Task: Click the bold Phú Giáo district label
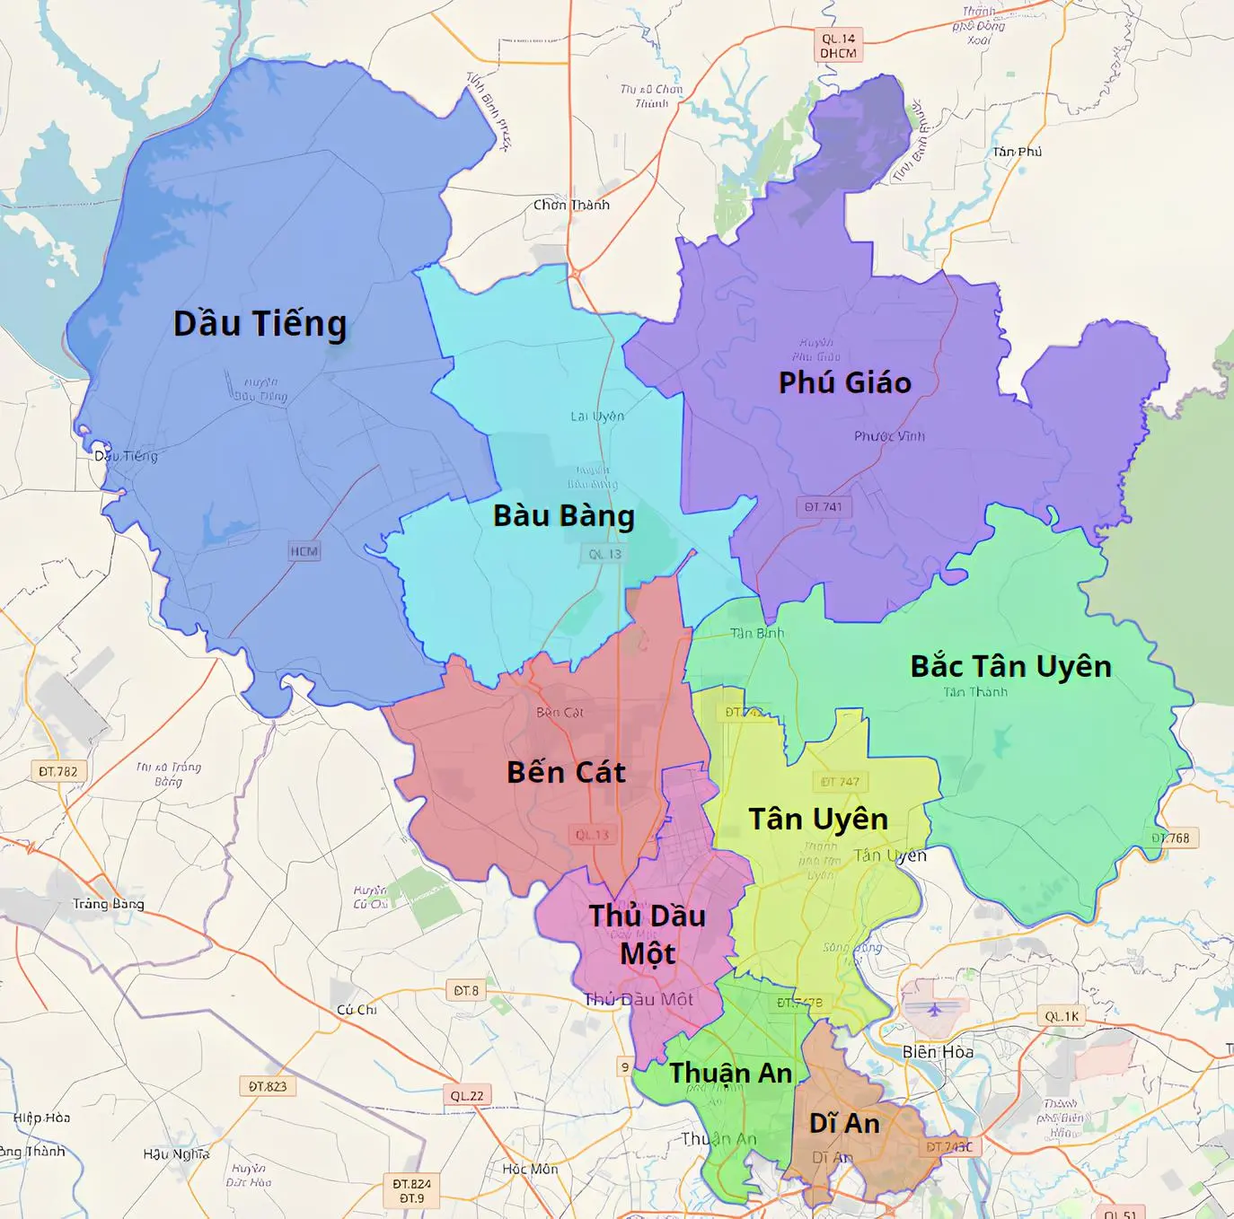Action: [x=844, y=383]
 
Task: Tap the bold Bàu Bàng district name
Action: [x=564, y=516]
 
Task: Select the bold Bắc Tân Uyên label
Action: [x=1010, y=667]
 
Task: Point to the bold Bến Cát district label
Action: [x=566, y=772]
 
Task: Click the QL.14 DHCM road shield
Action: [x=839, y=45]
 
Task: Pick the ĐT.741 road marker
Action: [x=824, y=507]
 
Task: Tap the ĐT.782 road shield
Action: [x=58, y=771]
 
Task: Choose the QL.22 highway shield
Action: [x=467, y=1095]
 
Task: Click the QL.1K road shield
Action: [x=1062, y=1016]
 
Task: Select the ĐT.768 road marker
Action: [x=1171, y=838]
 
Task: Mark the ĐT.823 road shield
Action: [x=268, y=1086]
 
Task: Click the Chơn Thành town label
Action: [x=571, y=205]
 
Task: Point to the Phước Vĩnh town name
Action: [x=889, y=436]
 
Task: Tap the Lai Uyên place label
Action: [x=597, y=417]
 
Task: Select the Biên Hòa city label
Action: [x=938, y=1051]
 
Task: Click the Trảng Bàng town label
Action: [x=108, y=904]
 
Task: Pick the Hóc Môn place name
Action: [x=530, y=1169]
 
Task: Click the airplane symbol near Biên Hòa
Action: [x=936, y=1009]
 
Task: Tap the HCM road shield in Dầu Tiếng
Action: [x=304, y=551]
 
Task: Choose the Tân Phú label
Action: [x=1017, y=152]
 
